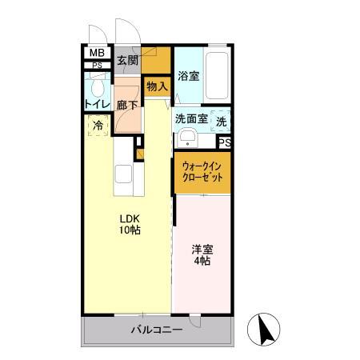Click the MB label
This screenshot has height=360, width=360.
96,54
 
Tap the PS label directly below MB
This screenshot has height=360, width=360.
96,66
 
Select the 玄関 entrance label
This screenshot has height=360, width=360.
127,60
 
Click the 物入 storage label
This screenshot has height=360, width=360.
157,86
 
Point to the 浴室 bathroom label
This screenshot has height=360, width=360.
189,77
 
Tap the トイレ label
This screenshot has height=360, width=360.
97,104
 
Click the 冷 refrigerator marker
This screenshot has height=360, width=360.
98,126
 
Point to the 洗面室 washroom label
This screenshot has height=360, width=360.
191,119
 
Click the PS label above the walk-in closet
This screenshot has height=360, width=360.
224,142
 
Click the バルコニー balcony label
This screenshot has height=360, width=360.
157,330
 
